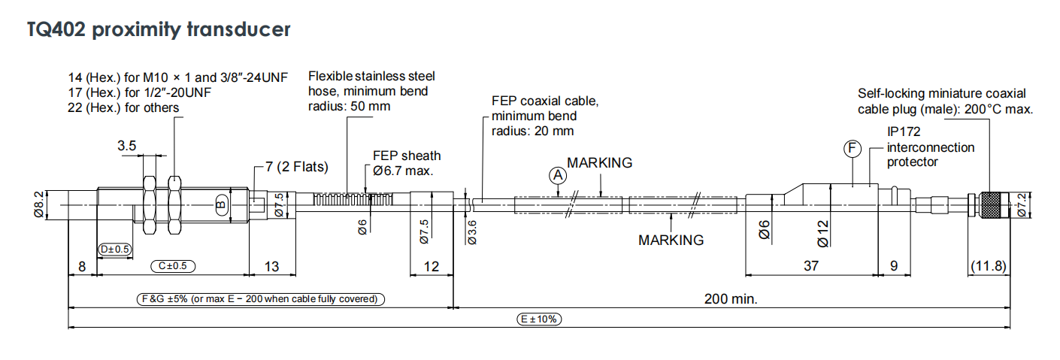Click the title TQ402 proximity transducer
(x=159, y=30)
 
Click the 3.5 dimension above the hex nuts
(x=126, y=146)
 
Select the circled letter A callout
(x=557, y=175)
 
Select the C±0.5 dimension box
(x=173, y=265)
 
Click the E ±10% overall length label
(x=540, y=319)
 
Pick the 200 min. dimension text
(x=731, y=299)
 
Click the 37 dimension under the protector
(x=810, y=266)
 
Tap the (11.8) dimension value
(x=988, y=266)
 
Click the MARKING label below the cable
(x=671, y=240)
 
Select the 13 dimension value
(x=271, y=266)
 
